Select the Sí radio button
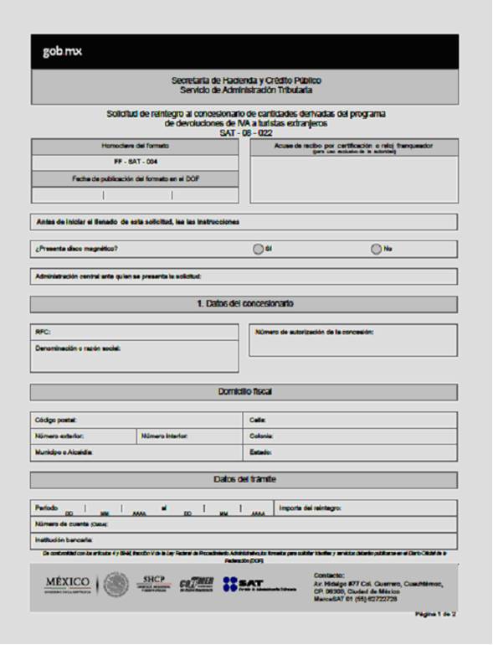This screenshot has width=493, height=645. [258, 249]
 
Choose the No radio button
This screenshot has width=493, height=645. [377, 249]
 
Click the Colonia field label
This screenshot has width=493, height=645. [261, 436]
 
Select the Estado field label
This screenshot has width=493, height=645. [260, 452]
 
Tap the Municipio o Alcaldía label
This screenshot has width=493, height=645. [64, 452]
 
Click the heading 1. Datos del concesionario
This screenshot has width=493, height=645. [244, 303]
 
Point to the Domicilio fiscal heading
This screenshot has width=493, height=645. [244, 391]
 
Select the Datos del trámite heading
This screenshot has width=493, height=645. [244, 479]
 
